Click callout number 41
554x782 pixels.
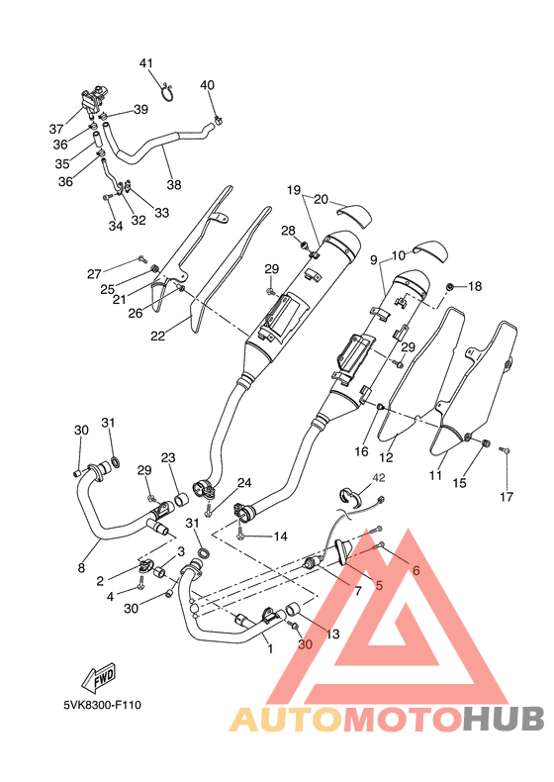(145, 63)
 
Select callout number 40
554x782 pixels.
(208, 85)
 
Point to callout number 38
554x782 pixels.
(174, 184)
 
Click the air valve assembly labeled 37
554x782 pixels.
(93, 99)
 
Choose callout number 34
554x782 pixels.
(116, 226)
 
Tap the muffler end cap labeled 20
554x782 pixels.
(354, 212)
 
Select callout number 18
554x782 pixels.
(475, 286)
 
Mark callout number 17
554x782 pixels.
(507, 496)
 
